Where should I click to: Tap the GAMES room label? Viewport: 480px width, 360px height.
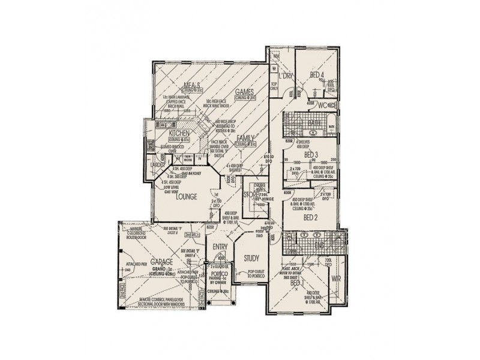pos(245,92)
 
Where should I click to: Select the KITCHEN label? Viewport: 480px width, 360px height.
pos(179,133)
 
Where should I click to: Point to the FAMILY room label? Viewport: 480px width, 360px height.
pos(245,138)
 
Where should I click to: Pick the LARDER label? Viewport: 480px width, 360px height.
pos(157,164)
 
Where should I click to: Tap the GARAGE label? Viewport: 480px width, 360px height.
pos(162,263)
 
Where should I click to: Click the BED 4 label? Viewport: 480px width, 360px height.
pos(317,74)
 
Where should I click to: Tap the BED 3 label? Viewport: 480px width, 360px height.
pos(310,155)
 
